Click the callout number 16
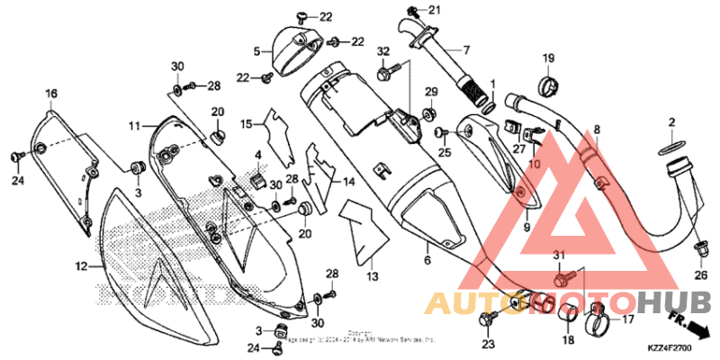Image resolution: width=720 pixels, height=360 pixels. [x=51, y=94]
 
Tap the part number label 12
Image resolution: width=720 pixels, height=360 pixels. [x=81, y=266]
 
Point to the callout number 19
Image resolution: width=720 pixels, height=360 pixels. [x=548, y=59]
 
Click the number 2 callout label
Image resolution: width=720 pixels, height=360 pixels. [x=671, y=122]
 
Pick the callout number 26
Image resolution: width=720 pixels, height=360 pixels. [x=701, y=274]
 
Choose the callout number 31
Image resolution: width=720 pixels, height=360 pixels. [x=557, y=256]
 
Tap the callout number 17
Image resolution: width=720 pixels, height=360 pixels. [x=626, y=318]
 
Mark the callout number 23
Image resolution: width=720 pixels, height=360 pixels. [x=489, y=344]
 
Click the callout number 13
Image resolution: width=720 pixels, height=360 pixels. [x=373, y=276]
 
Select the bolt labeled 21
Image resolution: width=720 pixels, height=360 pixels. [x=413, y=12]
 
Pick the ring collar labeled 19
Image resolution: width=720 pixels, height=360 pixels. [x=548, y=86]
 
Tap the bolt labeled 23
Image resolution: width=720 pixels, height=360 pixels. [x=491, y=319]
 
